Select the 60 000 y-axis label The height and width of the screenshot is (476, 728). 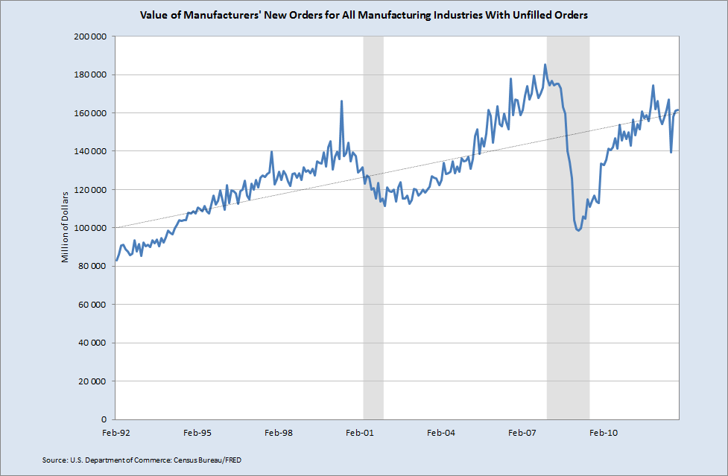(92, 304)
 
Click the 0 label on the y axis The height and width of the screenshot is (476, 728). (105, 419)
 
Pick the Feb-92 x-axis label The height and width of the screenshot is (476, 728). (115, 432)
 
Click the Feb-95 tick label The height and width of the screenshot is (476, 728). (197, 432)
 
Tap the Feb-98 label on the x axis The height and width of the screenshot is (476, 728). (278, 432)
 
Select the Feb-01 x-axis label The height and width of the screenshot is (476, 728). (360, 432)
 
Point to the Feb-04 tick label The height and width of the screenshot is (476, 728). (441, 432)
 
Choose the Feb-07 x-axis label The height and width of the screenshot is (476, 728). (522, 432)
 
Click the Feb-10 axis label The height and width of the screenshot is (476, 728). (604, 432)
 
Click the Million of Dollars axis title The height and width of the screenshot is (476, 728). (66, 226)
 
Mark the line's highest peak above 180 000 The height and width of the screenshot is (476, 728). (545, 65)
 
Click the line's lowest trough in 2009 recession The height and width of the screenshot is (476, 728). (578, 230)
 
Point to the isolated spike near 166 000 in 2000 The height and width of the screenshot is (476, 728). (341, 101)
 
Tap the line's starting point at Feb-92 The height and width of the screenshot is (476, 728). (116, 261)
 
